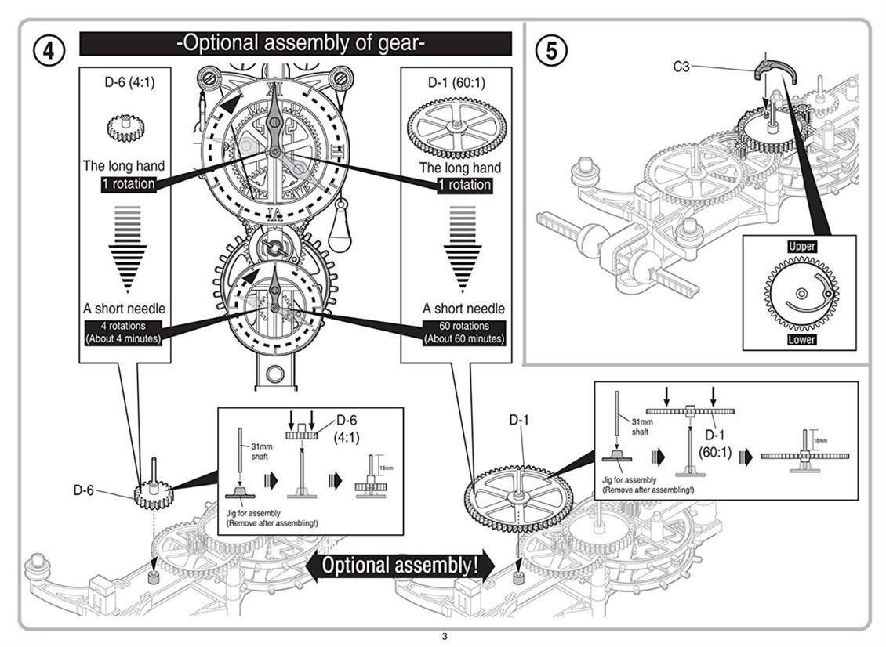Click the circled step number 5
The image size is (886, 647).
550,49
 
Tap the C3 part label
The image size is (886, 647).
681,67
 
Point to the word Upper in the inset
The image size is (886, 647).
801,246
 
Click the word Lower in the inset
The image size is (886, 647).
801,339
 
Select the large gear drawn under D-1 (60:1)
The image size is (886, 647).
454,127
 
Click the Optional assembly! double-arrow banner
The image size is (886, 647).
400,566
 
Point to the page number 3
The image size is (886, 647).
444,636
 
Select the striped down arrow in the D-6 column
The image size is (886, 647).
123,248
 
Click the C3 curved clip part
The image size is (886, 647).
775,72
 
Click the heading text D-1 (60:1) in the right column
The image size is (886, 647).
454,81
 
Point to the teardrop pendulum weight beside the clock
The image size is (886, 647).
340,231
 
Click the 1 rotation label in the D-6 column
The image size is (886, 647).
129,184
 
